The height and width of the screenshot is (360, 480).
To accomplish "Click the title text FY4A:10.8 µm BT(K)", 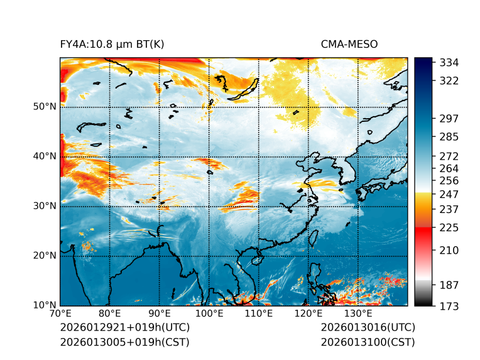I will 112,44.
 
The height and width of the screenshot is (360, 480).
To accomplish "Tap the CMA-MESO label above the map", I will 349,44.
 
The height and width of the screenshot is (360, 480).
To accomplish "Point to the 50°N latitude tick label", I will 45,107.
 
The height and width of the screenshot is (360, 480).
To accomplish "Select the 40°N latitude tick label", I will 45,156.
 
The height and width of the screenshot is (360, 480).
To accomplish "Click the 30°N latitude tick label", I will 45,206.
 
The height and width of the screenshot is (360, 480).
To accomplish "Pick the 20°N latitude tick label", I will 45,256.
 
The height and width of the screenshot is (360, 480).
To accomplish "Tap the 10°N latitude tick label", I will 45,305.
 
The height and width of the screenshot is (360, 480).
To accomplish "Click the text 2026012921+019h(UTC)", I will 124,328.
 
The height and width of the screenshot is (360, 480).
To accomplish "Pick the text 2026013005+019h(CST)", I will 124,342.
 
